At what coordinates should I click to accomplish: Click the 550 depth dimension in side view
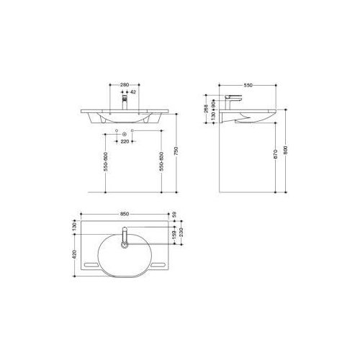click(249, 85)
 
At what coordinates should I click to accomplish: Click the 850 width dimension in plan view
click(125, 213)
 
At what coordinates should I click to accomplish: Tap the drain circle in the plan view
click(125, 246)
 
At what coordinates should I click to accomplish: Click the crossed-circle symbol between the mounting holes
click(125, 134)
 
